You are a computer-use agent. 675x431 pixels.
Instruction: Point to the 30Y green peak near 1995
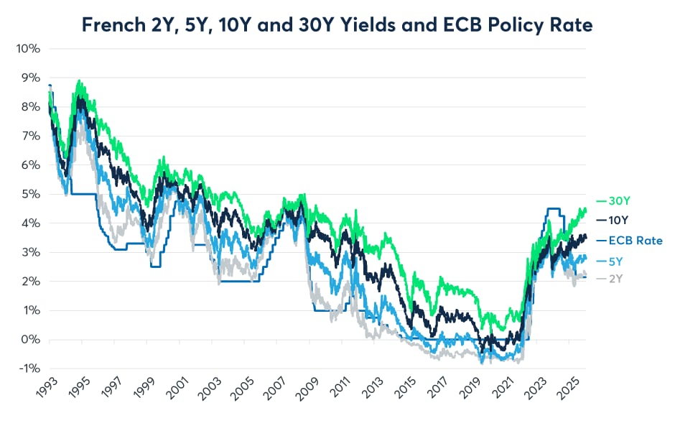point(79,82)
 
